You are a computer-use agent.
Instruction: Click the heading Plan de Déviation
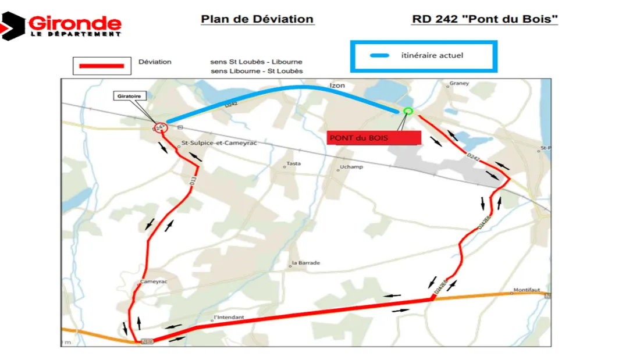click(257, 19)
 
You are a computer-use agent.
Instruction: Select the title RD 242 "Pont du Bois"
click(485, 19)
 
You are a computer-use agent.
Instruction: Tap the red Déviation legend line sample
click(98, 66)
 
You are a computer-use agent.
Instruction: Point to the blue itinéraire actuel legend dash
click(381, 56)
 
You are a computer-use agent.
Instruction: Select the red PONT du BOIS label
click(374, 138)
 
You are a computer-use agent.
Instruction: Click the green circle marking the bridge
click(408, 111)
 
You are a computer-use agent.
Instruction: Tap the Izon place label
click(337, 85)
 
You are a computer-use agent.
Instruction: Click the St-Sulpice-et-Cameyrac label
click(219, 142)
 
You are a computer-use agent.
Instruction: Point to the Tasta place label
click(294, 163)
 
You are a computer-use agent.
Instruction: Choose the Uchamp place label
click(351, 167)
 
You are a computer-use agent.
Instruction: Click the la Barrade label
click(306, 263)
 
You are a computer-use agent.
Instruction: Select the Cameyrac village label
click(154, 281)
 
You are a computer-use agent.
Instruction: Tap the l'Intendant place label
click(229, 318)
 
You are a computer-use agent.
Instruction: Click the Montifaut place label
click(527, 290)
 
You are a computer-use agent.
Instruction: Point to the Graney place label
click(459, 84)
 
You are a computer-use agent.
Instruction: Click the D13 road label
click(192, 182)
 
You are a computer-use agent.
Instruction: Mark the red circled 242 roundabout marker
click(160, 127)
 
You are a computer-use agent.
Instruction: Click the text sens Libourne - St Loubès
click(257, 71)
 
